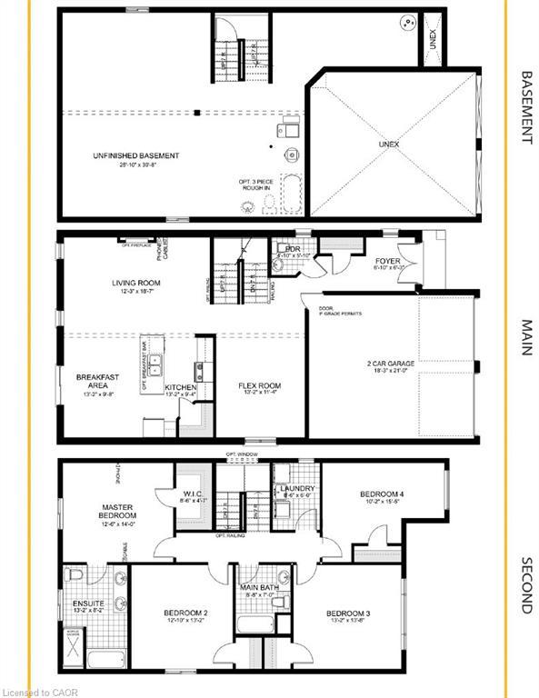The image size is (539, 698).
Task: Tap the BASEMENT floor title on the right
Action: click(524, 108)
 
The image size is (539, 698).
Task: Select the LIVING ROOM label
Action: click(135, 283)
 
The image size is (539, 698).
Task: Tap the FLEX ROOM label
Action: click(259, 385)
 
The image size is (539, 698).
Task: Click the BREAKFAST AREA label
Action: click(95, 382)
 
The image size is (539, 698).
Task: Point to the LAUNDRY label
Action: click(296, 487)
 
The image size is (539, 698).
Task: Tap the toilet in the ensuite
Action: click(76, 575)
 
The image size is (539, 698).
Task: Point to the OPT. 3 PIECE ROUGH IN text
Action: click(256, 184)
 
